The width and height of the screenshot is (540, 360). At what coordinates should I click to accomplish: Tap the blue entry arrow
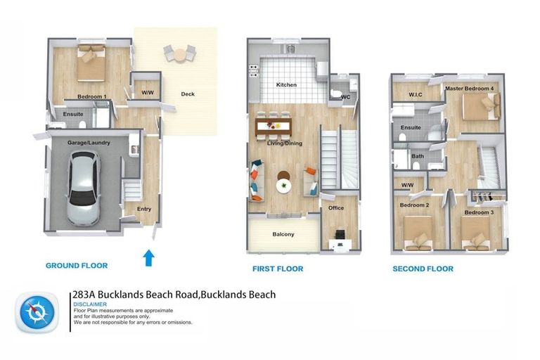coord(149,257)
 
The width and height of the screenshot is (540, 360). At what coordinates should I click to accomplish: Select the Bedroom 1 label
coord(91,96)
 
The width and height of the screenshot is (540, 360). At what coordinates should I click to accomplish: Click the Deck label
coord(188,94)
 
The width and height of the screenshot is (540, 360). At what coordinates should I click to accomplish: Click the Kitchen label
coord(286,84)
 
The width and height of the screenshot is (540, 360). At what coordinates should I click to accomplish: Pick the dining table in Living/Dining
coord(271,127)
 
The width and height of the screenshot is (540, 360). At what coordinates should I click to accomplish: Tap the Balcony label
coord(283,234)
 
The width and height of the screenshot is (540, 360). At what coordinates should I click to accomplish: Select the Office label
coord(336,209)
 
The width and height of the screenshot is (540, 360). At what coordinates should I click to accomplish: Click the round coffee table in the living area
coord(283,186)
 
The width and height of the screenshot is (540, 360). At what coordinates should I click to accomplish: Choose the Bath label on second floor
coord(417,156)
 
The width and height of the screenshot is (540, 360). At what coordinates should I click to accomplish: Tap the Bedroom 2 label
coord(414,205)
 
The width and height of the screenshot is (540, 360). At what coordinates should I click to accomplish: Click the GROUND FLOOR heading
coord(77,266)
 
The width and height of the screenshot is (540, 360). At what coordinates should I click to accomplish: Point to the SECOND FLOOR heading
coord(422,269)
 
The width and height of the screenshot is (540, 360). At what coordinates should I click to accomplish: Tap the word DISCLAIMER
coord(89,304)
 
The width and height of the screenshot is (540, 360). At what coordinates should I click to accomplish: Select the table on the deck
coord(179,53)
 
